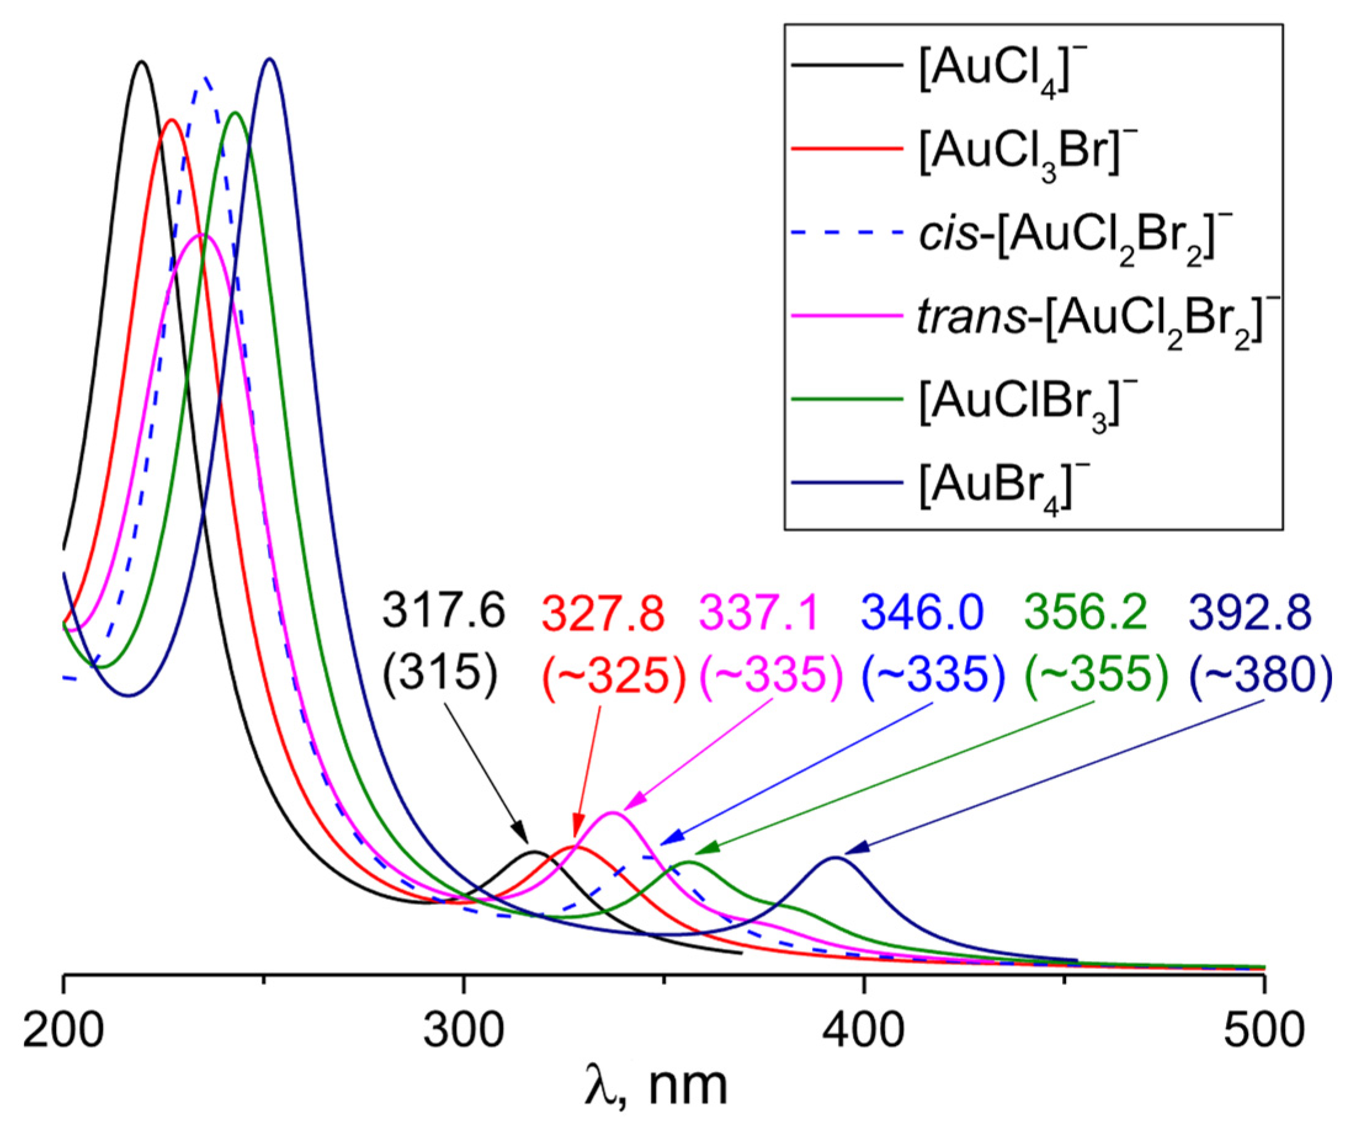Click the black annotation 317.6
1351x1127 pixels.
tap(444, 612)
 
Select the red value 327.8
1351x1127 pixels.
tap(603, 612)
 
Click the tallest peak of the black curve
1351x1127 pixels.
tap(142, 62)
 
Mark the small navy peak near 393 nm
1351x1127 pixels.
tap(835, 857)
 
